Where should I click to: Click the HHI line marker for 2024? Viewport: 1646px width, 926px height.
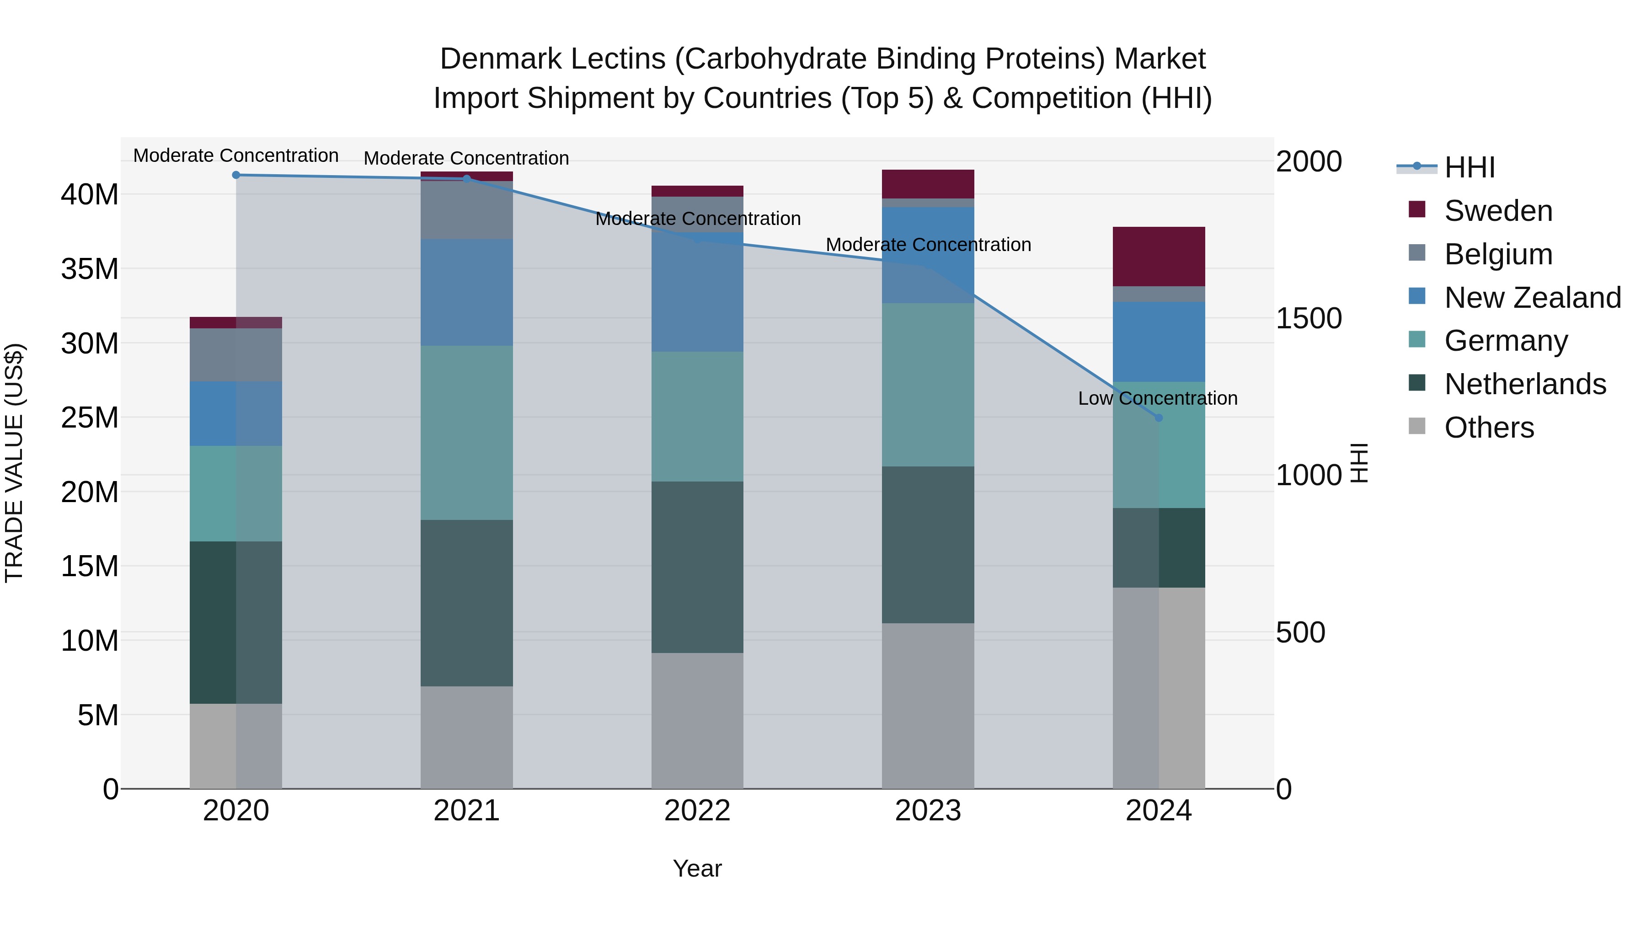(1159, 418)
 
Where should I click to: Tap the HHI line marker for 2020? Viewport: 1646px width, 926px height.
(236, 175)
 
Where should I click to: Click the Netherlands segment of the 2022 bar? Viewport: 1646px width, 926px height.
(697, 567)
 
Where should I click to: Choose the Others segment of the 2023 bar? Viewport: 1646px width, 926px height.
(928, 706)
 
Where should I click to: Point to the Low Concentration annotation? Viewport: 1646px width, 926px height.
(1157, 398)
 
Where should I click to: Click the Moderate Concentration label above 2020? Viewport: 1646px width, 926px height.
(236, 155)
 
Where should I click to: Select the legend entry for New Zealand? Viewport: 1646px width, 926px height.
(1532, 298)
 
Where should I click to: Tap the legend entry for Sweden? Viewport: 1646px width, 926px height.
(1498, 211)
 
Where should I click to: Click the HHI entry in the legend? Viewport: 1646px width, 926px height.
(1469, 167)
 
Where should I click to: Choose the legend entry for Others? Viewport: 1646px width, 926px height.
(1489, 428)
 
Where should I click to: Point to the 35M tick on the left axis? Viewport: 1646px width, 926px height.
(90, 269)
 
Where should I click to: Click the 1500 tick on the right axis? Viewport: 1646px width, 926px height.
(1309, 318)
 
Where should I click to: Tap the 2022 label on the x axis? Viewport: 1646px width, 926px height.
(697, 811)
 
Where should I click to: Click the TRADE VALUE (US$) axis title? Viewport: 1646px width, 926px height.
(14, 463)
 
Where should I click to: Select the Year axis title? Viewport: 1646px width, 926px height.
(697, 868)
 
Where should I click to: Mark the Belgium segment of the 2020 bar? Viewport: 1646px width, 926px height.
(236, 355)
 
